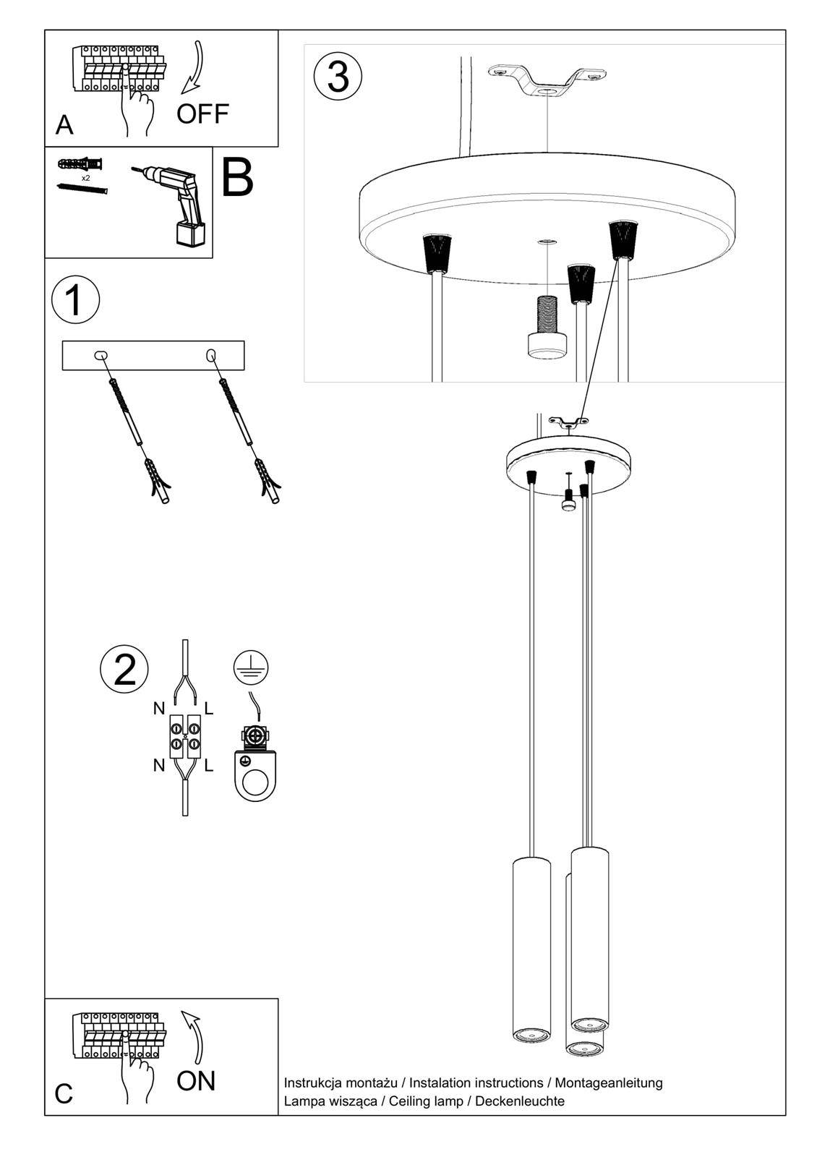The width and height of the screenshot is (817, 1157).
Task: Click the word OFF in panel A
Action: [x=202, y=114]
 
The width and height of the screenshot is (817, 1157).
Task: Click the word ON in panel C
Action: [x=196, y=1081]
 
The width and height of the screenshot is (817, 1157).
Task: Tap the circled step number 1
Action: [x=75, y=300]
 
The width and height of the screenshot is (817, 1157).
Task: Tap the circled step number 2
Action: [x=124, y=669]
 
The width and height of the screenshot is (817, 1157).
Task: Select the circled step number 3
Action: [x=338, y=77]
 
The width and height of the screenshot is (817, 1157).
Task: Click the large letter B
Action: [x=237, y=178]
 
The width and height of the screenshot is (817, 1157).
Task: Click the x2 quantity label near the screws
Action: [x=86, y=178]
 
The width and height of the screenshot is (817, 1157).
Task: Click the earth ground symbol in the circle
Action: [x=251, y=667]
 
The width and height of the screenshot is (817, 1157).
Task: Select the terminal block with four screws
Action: [x=185, y=736]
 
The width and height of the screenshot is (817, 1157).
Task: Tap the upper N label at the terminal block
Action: [x=159, y=709]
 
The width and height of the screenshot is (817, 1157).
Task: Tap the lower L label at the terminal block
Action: [x=209, y=765]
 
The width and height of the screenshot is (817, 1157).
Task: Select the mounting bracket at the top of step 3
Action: [x=547, y=80]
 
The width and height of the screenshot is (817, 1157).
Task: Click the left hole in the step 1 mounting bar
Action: [x=100, y=355]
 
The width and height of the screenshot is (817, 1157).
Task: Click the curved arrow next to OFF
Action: [x=193, y=69]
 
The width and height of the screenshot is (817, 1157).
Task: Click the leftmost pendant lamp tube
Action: [x=531, y=949]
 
